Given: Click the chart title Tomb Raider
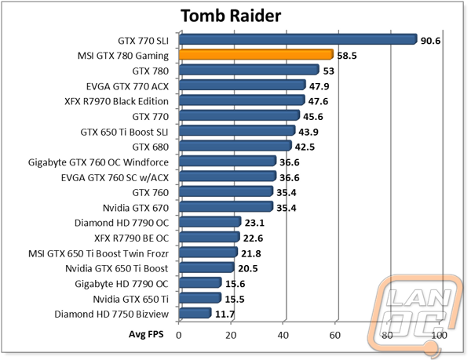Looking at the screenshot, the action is pos(231,16).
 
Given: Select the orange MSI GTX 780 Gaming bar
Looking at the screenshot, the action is pos(256,55).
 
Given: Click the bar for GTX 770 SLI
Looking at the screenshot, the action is pos(298,39).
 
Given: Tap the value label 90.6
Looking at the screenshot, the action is pos(430,41).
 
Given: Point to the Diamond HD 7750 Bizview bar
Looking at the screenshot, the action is pos(195,313).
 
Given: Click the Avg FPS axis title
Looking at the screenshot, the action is pos(146,334).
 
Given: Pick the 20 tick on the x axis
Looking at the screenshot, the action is pos(231,335).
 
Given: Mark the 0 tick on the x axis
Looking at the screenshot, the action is pos(179,335).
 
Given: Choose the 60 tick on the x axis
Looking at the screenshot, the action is pos(335,335).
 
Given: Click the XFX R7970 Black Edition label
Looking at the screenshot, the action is pos(116,101).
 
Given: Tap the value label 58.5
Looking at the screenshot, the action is pos(347,56).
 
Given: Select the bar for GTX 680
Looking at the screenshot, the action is pos(235,146).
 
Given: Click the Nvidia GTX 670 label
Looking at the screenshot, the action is pos(136,208).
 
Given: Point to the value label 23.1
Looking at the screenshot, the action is pos(254,223).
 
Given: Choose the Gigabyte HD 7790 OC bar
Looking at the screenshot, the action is pos(200,282).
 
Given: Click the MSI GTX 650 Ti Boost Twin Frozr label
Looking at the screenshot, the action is pos(99,253).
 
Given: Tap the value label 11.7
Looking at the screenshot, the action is pos(225,314).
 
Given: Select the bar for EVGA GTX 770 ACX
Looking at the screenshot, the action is pos(243,85).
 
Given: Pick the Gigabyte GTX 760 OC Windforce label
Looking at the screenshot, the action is pos(99,162).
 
